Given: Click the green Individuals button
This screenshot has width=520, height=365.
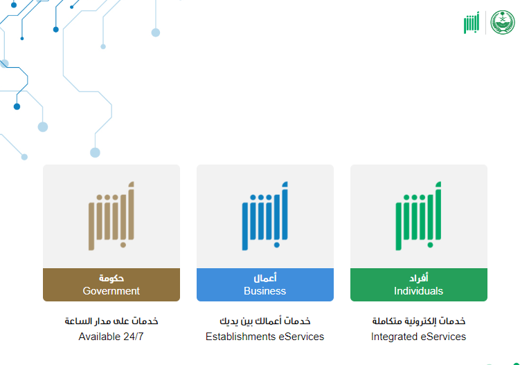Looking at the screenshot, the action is tap(418, 285).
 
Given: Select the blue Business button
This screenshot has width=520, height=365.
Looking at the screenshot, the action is tap(265, 285).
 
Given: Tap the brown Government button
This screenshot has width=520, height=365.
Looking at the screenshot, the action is tap(111, 285).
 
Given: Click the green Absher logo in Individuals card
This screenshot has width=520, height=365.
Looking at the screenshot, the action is tap(418, 216).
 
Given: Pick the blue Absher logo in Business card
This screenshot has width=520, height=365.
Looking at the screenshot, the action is tap(265, 216).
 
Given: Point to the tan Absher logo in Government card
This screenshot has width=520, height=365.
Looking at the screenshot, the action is tap(111, 216).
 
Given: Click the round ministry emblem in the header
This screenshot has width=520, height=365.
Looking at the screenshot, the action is tap(503, 22).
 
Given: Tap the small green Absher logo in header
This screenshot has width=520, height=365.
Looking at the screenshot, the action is tap(472, 23).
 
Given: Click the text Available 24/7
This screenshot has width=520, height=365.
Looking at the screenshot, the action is tap(111, 337).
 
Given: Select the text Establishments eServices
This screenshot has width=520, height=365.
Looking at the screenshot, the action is tap(265, 337).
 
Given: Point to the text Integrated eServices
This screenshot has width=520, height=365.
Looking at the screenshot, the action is tap(418, 337).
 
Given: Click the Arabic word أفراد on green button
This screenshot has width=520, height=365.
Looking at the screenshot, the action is tap(418, 278).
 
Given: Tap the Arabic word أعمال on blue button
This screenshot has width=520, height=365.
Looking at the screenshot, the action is tap(265, 278).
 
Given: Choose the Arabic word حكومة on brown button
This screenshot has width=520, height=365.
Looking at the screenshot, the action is tap(111, 278).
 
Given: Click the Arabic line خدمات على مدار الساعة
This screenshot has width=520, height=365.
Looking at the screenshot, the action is tap(111, 321).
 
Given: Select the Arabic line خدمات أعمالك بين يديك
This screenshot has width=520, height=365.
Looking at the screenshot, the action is tap(265, 321).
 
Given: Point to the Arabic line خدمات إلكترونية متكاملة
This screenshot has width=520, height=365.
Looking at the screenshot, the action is tap(418, 321).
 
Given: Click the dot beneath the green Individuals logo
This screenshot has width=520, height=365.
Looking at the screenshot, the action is tap(430, 245).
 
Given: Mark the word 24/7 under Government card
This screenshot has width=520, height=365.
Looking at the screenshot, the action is tap(134, 337).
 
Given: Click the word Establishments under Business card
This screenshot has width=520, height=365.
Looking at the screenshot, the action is tap(240, 337).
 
